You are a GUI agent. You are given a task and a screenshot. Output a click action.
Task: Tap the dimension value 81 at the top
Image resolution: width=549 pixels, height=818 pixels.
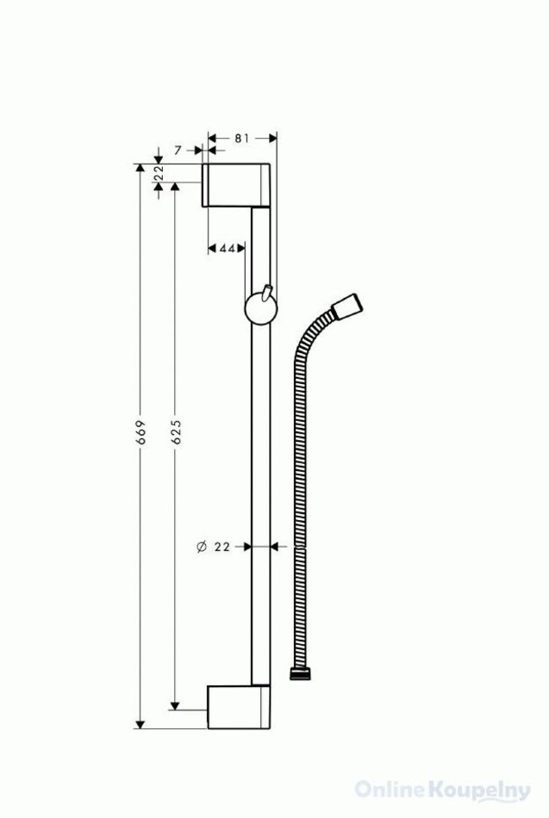[x=240, y=139]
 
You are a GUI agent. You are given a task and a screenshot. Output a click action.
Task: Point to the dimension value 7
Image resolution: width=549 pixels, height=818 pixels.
[x=178, y=150]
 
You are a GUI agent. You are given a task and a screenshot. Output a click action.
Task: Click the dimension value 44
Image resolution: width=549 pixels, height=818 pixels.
[x=228, y=248]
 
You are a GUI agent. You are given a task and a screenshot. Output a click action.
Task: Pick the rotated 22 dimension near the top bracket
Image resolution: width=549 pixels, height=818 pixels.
[x=159, y=172]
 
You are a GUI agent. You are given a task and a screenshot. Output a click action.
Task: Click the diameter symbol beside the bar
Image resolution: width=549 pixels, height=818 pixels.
[x=202, y=547]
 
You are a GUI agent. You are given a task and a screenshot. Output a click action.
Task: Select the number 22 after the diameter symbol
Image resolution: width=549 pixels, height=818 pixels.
[x=222, y=547]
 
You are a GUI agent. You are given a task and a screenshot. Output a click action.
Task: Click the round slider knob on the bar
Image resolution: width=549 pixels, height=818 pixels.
[x=261, y=309]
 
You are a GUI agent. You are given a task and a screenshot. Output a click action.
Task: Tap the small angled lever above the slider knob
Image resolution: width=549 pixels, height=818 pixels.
[x=267, y=293]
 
